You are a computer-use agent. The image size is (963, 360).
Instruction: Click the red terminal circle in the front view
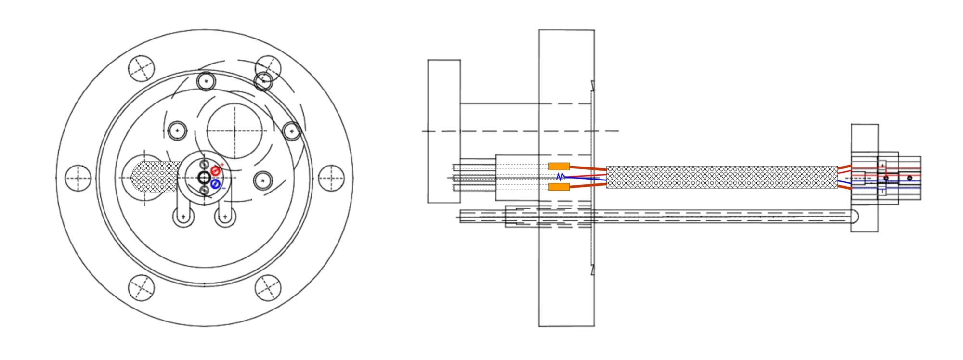215,171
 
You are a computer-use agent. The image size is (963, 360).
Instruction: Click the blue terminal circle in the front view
215,184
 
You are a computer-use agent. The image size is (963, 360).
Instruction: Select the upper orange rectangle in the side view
559,167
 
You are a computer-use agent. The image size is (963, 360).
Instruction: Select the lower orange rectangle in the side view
559,187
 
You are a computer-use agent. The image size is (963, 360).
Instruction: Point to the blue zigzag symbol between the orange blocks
560,177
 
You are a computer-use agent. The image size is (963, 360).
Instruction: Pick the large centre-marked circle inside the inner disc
234,131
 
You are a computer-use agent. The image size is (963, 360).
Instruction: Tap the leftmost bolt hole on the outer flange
78,178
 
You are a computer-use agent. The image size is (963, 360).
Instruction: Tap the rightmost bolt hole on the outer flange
331,178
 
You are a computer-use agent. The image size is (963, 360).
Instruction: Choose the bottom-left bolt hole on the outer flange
142,287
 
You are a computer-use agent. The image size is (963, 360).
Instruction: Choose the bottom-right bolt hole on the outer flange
268,288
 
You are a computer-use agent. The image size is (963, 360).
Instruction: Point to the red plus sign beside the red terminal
222,165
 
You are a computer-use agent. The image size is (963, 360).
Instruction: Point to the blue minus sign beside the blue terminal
223,188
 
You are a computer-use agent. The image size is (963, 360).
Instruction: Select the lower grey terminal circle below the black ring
204,191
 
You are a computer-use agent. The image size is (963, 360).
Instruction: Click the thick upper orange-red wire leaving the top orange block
587,168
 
